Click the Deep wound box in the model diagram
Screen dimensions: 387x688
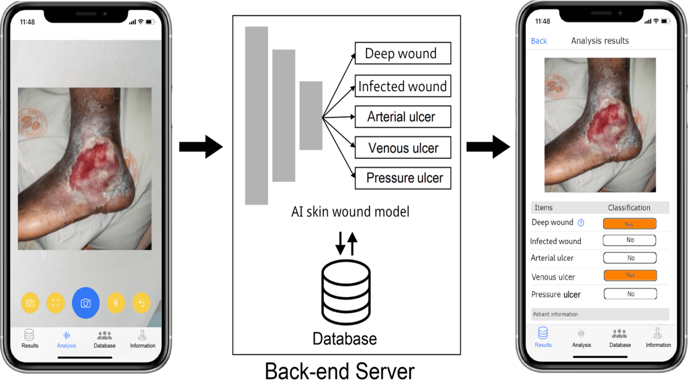tap(403, 53)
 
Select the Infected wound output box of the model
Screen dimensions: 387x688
tap(403, 86)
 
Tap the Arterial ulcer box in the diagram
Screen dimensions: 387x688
tap(403, 117)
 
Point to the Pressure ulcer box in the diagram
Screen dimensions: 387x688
tap(403, 178)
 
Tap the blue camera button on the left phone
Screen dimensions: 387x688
tap(86, 303)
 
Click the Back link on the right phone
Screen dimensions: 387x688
tap(539, 41)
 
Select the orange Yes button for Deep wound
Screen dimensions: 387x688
tap(629, 224)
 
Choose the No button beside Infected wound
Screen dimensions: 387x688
tap(629, 240)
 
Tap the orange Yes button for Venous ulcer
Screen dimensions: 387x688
tap(630, 275)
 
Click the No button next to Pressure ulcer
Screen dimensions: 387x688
tap(630, 294)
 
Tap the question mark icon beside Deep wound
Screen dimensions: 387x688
tap(581, 223)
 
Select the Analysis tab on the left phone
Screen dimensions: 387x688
tap(66, 339)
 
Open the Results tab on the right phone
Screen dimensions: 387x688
tap(543, 337)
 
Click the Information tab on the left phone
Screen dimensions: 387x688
tap(143, 339)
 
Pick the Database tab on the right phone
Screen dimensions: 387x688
tap(620, 338)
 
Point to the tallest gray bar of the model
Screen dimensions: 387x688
tap(256, 116)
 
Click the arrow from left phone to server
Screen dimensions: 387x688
tap(201, 147)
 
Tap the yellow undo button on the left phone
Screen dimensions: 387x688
tap(142, 303)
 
